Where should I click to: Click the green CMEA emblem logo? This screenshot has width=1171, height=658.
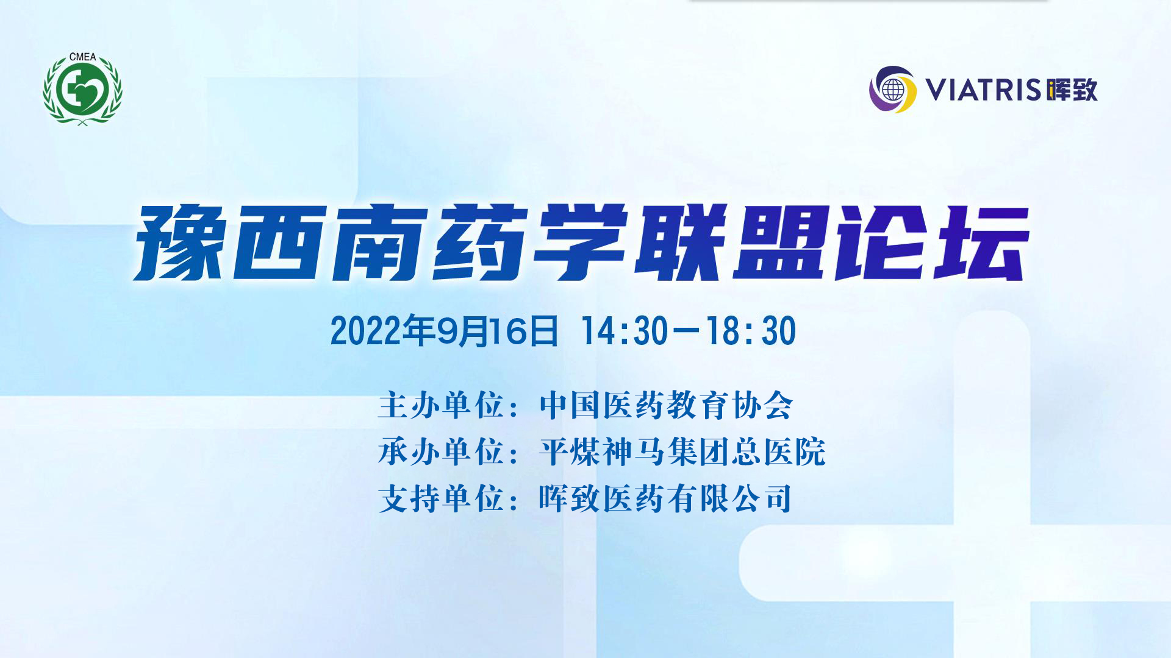82,89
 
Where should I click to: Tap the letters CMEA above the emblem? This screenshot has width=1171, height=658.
82,57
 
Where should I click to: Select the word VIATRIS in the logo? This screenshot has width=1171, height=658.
983,90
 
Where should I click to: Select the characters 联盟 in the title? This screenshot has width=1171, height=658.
732,242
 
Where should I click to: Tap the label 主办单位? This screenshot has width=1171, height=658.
441,405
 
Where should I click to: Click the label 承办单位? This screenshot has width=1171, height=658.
441,452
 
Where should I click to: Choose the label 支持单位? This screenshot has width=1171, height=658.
441,498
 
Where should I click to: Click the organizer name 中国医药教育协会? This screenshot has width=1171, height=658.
666,405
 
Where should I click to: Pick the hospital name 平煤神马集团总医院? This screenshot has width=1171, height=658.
682,452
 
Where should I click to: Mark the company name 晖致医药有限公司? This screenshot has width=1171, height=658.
665,498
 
